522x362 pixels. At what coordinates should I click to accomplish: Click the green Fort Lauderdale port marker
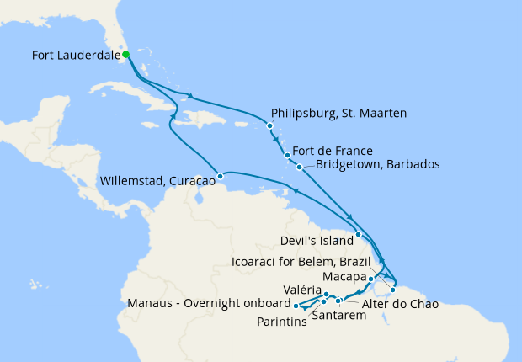125,55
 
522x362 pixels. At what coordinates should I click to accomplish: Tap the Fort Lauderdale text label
75,56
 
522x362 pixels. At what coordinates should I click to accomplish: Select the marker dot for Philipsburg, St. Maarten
269,126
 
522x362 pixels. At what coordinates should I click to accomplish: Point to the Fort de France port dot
287,155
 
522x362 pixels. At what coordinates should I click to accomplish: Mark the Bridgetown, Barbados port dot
299,167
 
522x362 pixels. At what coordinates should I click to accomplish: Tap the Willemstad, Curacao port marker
221,177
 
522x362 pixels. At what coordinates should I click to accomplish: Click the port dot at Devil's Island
358,234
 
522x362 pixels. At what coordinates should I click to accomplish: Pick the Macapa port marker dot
371,278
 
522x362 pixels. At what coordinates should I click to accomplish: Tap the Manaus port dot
296,304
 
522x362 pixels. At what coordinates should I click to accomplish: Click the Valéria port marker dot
326,295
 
